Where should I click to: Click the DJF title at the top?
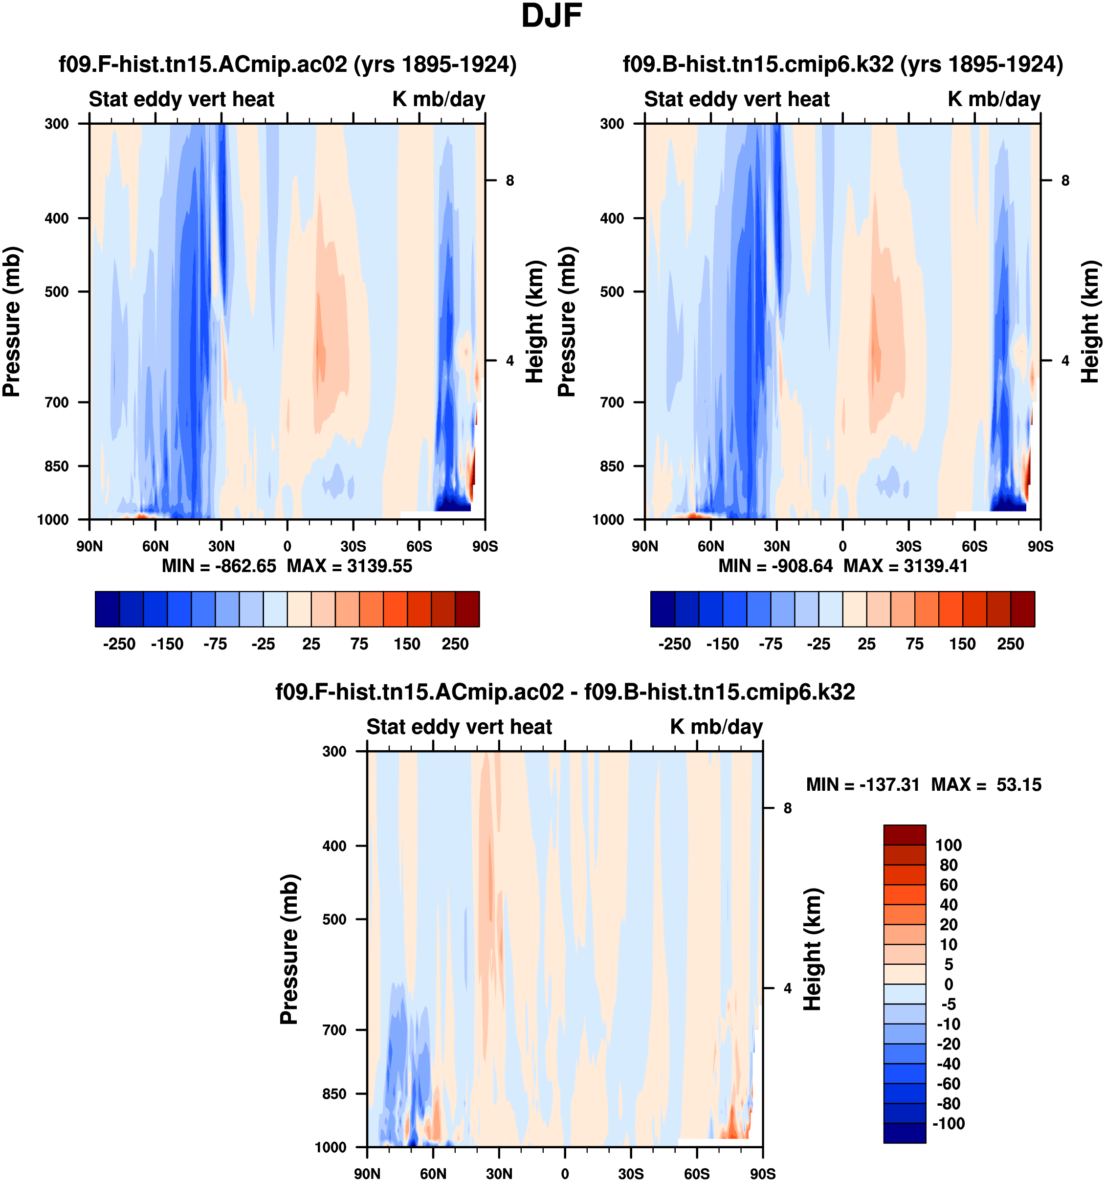pos(551,17)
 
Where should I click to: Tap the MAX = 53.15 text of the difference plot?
pos(986,785)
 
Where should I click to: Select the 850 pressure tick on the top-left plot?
pos(57,466)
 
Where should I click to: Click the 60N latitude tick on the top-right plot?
pos(711,546)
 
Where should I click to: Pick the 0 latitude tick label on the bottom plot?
pos(565,1174)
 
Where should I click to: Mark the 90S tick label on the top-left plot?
pos(485,546)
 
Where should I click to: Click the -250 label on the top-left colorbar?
pos(119,645)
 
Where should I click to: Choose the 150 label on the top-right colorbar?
pos(962,645)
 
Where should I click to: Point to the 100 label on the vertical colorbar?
pos(948,846)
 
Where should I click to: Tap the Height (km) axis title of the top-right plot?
pos(1090,321)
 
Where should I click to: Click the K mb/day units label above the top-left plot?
pos(439,99)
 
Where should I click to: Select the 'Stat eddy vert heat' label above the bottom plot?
pos(459,727)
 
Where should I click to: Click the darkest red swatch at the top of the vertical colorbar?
pos(904,835)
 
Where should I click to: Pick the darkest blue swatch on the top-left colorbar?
pos(107,609)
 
